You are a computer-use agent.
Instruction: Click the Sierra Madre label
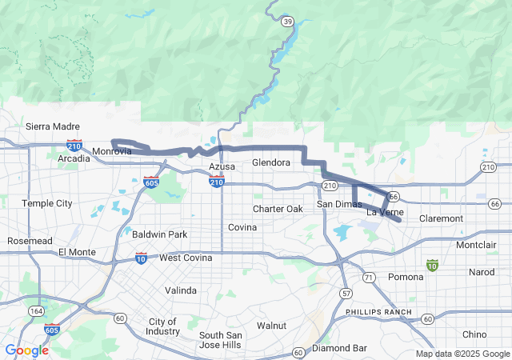tap(53, 126)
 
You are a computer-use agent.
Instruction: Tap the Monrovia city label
tap(111, 151)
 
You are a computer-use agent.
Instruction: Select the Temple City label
tap(46, 203)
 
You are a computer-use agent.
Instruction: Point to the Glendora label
tap(270, 162)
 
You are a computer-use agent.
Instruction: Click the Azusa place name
tap(222, 166)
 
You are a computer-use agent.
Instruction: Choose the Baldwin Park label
tap(159, 234)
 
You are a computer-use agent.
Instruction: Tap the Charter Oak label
tap(278, 209)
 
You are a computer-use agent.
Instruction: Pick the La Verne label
tap(385, 212)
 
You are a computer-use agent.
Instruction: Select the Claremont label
tap(441, 218)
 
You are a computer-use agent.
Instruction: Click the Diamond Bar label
tap(339, 348)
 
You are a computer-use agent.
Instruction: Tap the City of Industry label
tap(163, 326)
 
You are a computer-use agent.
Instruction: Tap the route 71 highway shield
tap(368, 277)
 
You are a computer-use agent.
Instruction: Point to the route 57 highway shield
tap(345, 294)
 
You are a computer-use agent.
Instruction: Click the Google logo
tap(26, 350)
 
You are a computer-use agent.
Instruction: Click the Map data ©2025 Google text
tap(462, 354)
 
